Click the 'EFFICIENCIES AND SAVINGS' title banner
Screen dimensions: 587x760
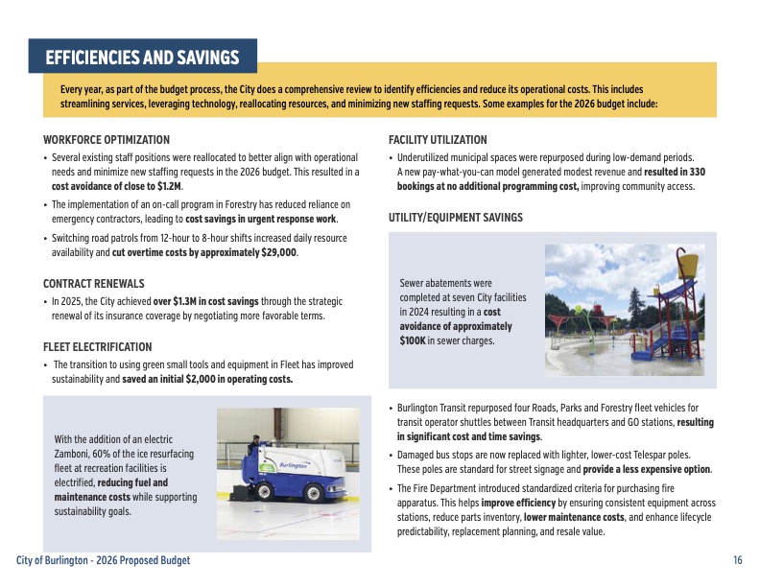point(142,58)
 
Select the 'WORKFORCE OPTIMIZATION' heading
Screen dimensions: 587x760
point(107,140)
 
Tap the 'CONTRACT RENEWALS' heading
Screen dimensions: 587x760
point(94,284)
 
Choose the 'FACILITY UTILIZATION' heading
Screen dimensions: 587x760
point(438,140)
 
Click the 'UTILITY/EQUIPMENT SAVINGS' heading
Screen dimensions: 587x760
point(456,218)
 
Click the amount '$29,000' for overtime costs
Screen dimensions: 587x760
point(278,253)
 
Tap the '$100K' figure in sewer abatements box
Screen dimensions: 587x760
point(414,340)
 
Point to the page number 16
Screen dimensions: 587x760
point(737,560)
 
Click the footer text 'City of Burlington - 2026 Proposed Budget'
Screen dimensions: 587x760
point(104,560)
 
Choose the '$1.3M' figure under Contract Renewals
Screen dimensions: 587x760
point(189,301)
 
